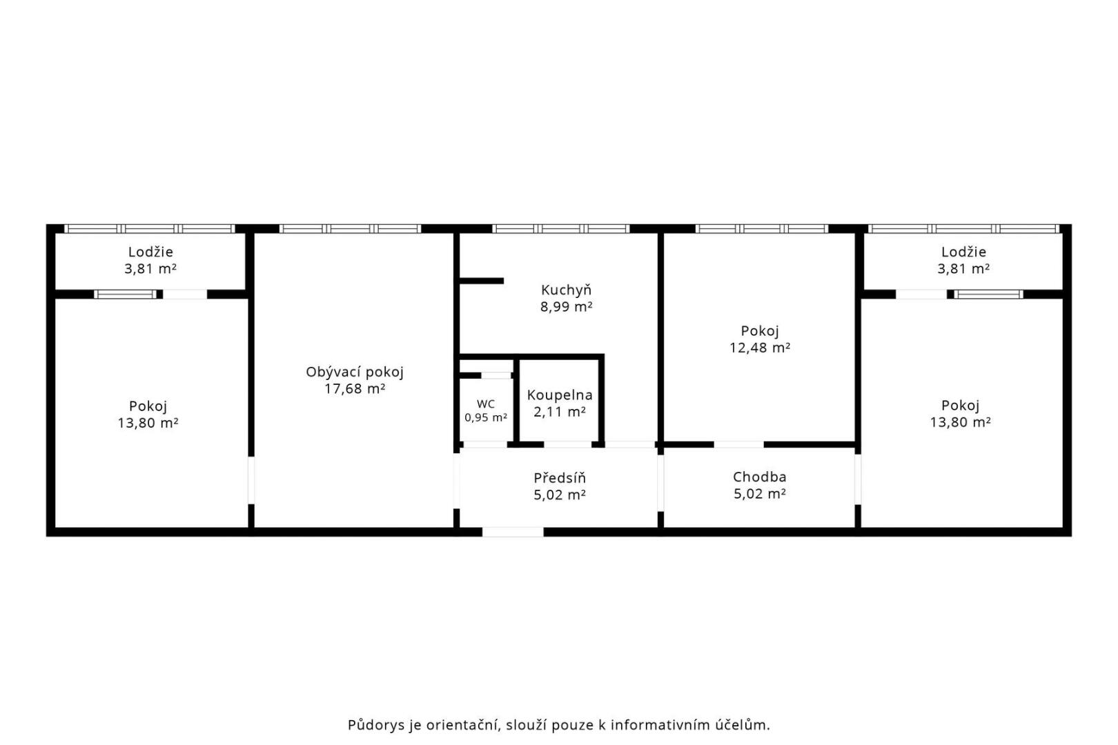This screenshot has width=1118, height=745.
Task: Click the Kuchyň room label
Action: coord(566,290)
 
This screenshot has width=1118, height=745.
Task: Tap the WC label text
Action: coord(486,404)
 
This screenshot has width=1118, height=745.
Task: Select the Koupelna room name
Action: coord(560,395)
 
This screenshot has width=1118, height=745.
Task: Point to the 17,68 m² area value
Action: coord(354,389)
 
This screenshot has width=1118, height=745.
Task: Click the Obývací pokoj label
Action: coord(354,372)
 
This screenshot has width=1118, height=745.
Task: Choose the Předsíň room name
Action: coord(560,478)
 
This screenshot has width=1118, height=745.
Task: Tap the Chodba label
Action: coord(760,477)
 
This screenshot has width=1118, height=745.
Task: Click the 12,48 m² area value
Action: coord(760,348)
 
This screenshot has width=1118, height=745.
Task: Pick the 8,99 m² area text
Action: coord(566,307)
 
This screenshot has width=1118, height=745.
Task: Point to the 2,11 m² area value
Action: coord(560,413)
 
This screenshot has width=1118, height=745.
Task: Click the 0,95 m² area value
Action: coord(486,417)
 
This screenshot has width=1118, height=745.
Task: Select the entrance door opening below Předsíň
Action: coord(513,532)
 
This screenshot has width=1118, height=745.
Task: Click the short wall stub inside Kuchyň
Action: coord(481,281)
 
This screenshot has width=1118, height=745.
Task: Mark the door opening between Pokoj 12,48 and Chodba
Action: coord(738,445)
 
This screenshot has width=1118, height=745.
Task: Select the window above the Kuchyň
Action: coord(561,229)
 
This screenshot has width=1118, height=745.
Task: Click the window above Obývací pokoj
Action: coord(350,229)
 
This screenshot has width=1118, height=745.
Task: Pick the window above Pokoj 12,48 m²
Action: coord(762,229)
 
